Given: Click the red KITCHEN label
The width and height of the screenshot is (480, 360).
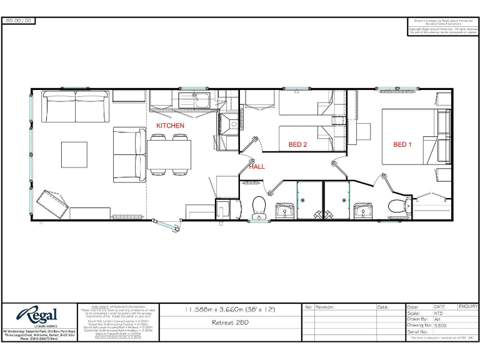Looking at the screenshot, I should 170,126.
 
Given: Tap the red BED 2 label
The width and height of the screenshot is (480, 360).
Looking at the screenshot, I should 297,144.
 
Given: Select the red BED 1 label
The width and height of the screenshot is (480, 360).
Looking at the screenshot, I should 402,144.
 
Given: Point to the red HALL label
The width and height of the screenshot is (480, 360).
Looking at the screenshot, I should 257,167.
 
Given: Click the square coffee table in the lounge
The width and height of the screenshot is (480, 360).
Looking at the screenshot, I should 74,154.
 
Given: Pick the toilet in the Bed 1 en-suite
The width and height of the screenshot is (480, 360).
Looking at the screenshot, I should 397,206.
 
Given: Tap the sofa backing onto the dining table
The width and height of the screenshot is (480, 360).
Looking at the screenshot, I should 130,154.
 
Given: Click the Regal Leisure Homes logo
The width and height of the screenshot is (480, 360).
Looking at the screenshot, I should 37,315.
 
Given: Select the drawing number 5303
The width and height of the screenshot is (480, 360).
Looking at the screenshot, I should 441,325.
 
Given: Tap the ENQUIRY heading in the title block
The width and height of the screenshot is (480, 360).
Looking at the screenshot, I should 467,307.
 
